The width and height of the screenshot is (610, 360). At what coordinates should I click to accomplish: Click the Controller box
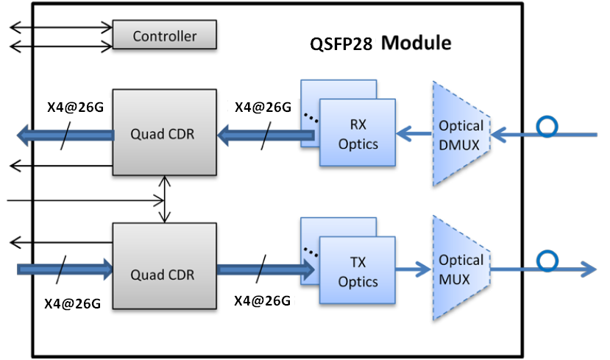click(x=165, y=35)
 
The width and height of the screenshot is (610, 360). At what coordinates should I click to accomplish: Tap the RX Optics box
click(x=358, y=133)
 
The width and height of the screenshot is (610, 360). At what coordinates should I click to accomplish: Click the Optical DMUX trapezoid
click(x=461, y=133)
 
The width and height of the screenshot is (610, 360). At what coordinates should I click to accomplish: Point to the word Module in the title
click(x=416, y=43)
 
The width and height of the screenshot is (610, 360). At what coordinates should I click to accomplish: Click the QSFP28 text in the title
click(x=340, y=43)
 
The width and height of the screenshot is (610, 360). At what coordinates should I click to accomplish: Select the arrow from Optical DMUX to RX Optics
click(x=415, y=135)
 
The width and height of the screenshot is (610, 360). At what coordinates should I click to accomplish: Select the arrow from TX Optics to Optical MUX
click(x=415, y=269)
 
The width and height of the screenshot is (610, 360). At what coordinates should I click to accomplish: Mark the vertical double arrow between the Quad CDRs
click(x=165, y=199)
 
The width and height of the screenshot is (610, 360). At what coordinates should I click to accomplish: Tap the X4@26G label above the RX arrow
click(x=262, y=107)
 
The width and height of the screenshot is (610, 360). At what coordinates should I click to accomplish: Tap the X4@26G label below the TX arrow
click(x=262, y=301)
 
